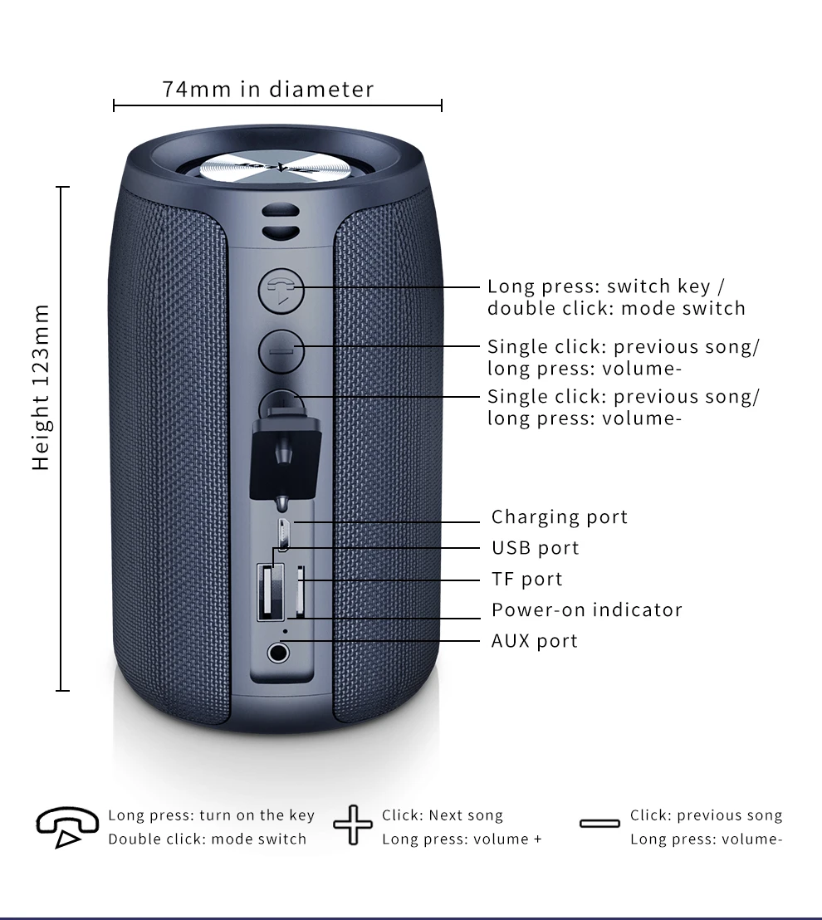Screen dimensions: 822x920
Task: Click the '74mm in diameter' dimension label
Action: tap(268, 89)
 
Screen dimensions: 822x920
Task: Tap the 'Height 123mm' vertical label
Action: tap(41, 388)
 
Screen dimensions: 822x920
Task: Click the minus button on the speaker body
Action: tap(281, 350)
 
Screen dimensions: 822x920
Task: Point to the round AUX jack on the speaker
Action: tap(279, 651)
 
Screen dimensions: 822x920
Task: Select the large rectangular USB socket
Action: tap(267, 591)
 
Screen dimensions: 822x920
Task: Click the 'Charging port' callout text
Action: tap(559, 517)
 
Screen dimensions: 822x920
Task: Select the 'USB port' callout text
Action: tap(535, 548)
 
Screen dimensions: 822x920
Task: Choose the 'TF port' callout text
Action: tap(526, 579)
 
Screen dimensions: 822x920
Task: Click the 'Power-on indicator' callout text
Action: tap(586, 609)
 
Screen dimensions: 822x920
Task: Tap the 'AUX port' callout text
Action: tap(534, 640)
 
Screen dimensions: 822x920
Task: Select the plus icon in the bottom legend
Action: tap(353, 825)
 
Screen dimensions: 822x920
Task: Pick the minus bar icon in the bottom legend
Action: tap(599, 824)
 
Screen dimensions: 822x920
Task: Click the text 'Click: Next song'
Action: tap(442, 815)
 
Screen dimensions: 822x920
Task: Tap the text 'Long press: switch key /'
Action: tap(605, 286)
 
